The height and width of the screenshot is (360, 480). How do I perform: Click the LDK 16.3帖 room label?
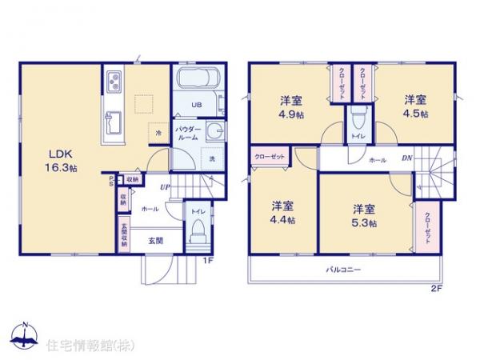tap(62, 161)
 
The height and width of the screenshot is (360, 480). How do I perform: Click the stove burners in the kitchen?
tap(113, 80)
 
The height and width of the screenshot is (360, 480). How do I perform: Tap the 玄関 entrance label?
tap(155, 240)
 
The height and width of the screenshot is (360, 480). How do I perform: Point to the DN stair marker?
tap(406, 158)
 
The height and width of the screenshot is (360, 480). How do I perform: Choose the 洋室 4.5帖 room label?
tap(414, 106)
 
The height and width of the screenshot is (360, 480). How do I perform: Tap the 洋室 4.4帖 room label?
tap(283, 211)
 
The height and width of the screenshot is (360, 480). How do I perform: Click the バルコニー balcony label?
tap(344, 270)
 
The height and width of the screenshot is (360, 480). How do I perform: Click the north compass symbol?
tap(24, 336)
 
